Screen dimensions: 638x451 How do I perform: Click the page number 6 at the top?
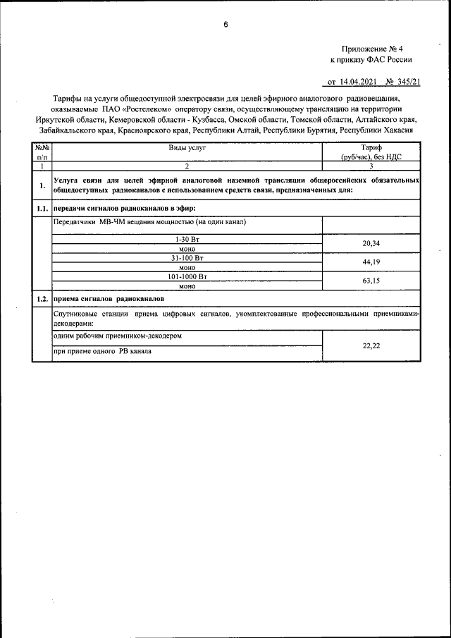click(225, 25)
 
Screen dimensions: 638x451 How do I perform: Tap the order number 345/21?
click(407, 82)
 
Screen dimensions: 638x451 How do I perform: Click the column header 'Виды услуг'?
click(187, 147)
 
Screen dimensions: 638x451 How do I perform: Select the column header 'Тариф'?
click(371, 147)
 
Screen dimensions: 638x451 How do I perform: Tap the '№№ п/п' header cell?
click(42, 152)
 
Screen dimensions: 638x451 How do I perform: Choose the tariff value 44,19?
click(371, 262)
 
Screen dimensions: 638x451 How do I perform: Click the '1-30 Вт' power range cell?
click(187, 240)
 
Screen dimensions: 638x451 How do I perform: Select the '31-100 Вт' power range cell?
click(187, 258)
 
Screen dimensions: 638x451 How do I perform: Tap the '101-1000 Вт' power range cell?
click(187, 277)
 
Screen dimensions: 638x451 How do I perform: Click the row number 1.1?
click(42, 209)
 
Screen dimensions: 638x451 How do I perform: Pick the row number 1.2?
click(42, 300)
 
